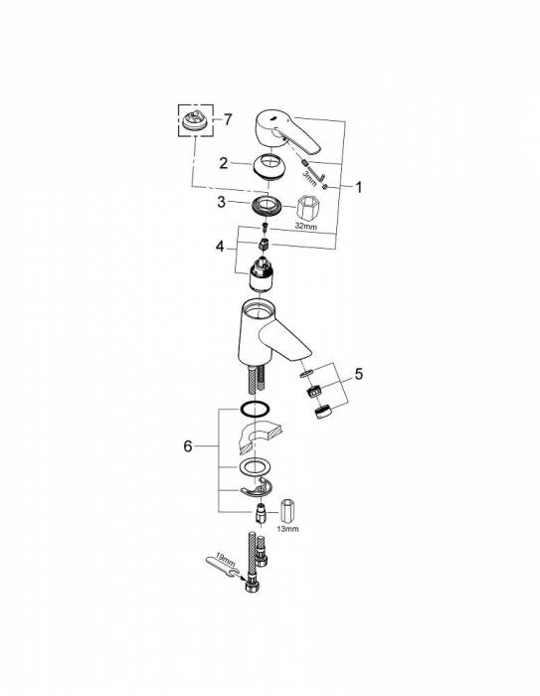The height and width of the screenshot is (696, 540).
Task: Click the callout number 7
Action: coord(228,119)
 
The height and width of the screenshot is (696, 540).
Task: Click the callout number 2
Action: coord(224,163)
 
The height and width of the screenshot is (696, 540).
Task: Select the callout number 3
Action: coord(222,202)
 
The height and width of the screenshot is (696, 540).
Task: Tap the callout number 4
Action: coord(220,246)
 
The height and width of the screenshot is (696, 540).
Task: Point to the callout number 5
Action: coord(358,374)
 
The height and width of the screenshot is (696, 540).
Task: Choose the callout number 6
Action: coord(188,445)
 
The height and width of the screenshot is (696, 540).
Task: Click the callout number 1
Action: coord(358,187)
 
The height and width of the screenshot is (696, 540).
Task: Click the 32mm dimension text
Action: coord(306,226)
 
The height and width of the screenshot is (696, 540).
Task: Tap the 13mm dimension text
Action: coord(287,529)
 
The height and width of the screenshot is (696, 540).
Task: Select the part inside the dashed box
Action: coord(195,121)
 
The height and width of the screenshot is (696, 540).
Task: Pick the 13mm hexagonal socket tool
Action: coord(287,511)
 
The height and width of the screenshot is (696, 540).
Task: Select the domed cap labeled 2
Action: coord(270,166)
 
